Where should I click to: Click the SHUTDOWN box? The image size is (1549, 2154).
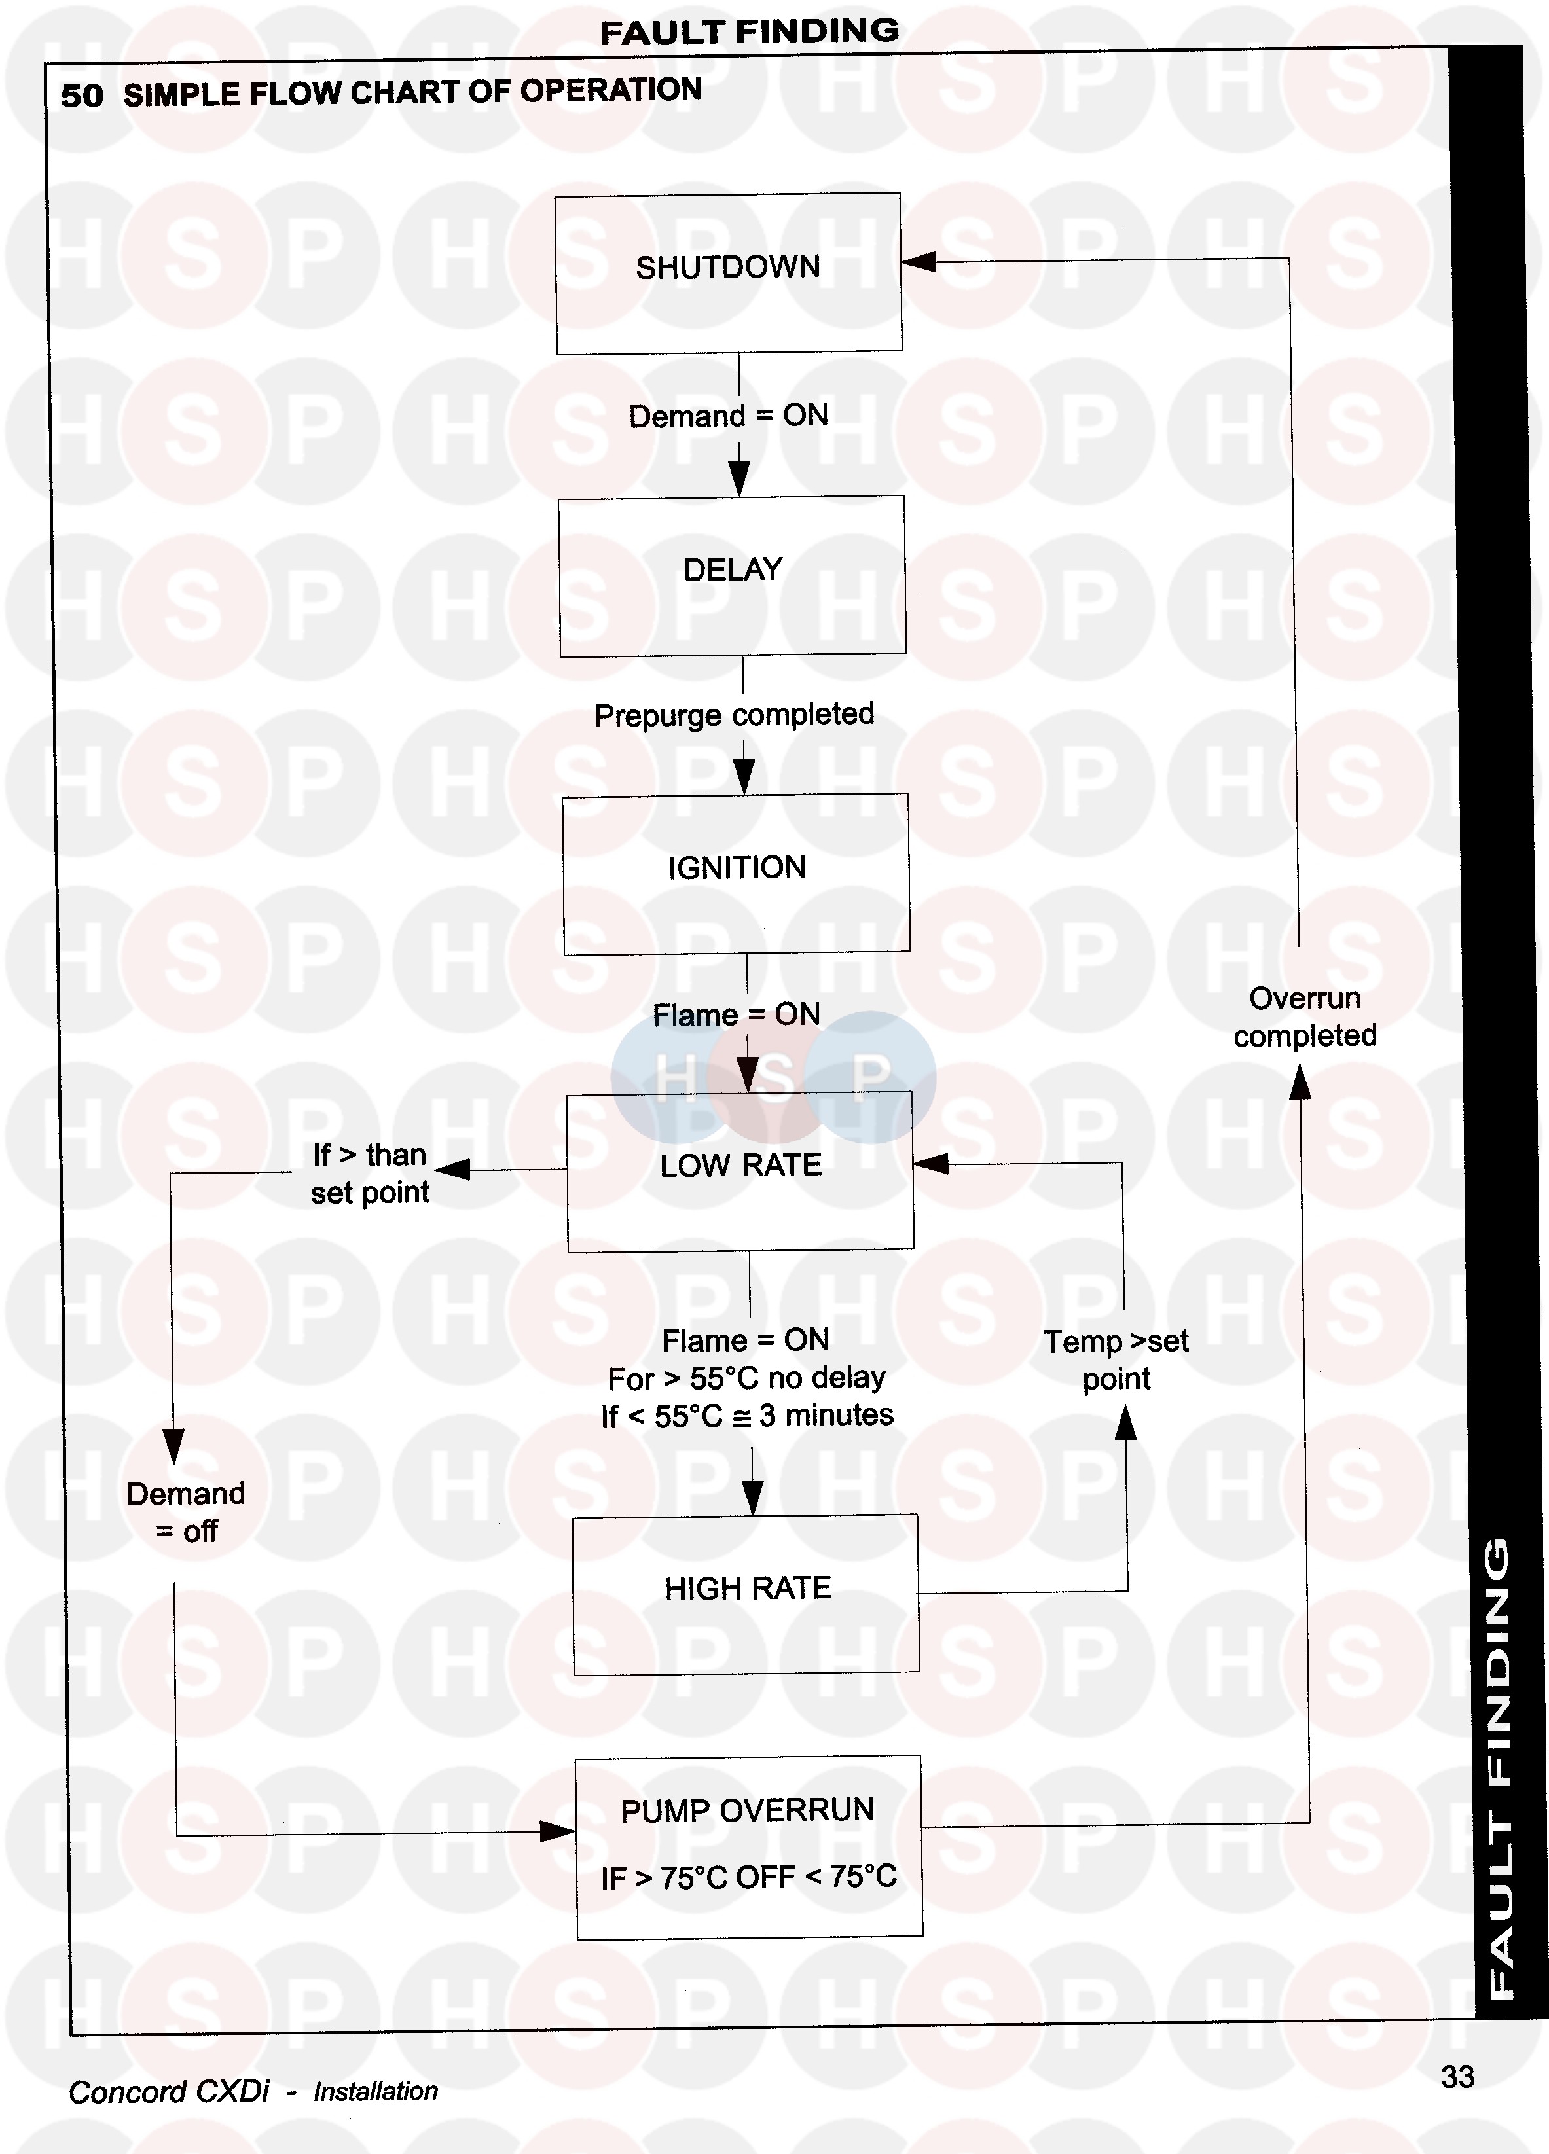[x=729, y=274]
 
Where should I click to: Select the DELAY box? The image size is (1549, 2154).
[x=732, y=575]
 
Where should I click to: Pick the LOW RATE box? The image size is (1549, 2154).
[x=741, y=1172]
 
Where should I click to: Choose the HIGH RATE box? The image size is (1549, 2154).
[x=746, y=1594]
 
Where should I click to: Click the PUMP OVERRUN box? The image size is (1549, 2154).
[x=748, y=1847]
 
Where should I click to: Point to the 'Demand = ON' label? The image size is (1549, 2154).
[x=729, y=416]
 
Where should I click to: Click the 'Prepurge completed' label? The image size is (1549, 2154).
[x=734, y=714]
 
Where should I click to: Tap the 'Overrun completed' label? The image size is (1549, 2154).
[x=1305, y=1016]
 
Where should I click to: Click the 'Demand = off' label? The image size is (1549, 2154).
[x=186, y=1512]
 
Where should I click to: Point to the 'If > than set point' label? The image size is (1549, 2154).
[x=371, y=1173]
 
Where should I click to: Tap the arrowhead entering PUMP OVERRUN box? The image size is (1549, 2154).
[x=558, y=1831]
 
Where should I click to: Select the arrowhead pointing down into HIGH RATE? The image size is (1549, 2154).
[x=752, y=1498]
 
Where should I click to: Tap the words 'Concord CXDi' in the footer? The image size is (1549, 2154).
[x=169, y=2091]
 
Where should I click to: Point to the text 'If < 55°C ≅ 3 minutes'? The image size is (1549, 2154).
[x=748, y=1416]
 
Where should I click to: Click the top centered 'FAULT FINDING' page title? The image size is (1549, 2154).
[x=750, y=31]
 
